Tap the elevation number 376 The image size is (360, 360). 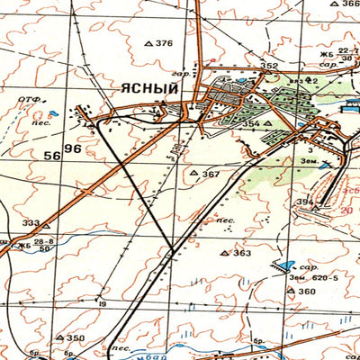(163, 43)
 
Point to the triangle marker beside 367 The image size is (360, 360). (193, 173)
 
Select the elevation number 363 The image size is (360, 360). (241, 253)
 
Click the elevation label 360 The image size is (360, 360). (308, 292)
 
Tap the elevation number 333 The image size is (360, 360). (31, 223)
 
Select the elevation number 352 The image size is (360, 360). (269, 66)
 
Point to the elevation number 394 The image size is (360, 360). (305, 201)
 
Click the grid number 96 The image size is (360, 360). (73, 148)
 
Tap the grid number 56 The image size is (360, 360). (52, 155)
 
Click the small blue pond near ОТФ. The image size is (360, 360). (54, 114)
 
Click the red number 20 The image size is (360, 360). (346, 210)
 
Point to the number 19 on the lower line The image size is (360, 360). (103, 304)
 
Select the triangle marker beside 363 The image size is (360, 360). (225, 254)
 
